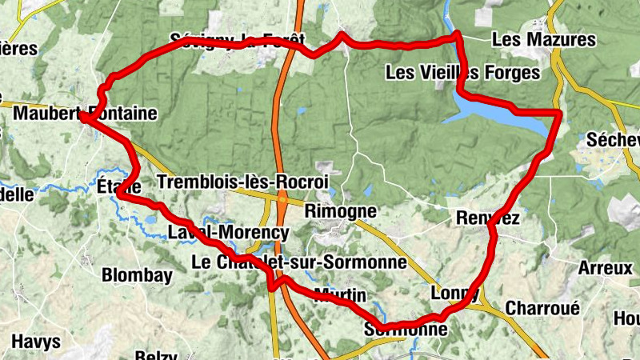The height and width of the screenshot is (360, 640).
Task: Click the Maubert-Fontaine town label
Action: point(85,114)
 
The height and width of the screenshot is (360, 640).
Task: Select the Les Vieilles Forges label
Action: point(462,73)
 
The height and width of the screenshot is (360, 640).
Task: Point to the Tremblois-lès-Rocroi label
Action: point(243,182)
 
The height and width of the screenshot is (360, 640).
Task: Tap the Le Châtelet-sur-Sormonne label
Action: point(299,262)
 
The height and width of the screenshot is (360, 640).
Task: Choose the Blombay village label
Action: point(137,275)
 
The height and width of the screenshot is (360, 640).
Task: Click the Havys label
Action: point(36,342)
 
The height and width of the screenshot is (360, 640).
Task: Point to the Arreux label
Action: point(605,268)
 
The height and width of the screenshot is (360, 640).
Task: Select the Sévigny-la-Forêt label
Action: point(238,40)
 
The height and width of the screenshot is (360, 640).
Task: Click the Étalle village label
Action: point(119,186)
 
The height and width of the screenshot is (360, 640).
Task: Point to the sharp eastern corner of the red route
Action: point(561,113)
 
